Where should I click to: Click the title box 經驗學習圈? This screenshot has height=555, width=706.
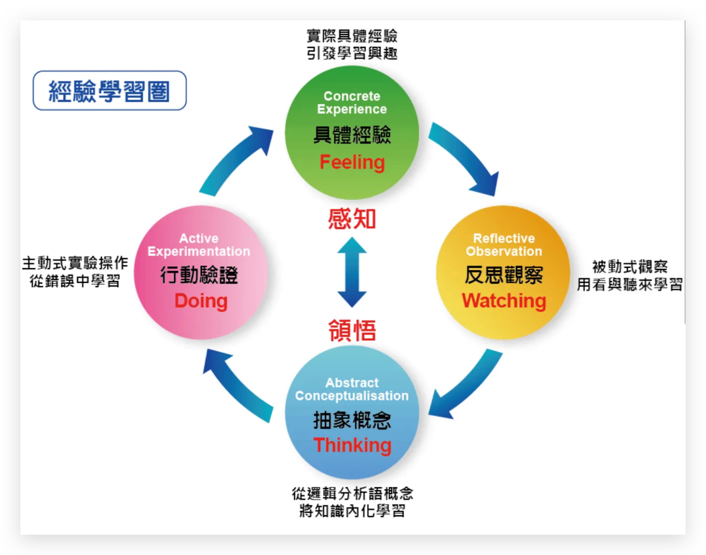110,91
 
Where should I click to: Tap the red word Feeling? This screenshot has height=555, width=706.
352,162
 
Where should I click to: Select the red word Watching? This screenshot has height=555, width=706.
504,301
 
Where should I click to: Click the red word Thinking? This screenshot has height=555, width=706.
352,445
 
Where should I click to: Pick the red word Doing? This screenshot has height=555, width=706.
201,301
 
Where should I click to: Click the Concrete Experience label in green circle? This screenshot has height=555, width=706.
352,102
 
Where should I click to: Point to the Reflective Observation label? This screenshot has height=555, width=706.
504,245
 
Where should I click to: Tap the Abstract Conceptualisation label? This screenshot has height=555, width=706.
352,389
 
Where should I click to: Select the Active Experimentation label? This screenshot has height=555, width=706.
199,245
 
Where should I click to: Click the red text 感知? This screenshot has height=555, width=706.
352,219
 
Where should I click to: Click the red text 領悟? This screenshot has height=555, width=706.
352,330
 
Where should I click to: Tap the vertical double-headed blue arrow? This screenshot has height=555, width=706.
352,272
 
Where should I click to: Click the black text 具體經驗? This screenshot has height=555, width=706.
352,135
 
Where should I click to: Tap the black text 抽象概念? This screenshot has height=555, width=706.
352,421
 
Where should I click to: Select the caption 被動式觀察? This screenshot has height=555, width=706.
630,266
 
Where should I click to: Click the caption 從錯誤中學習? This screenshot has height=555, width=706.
75,281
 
